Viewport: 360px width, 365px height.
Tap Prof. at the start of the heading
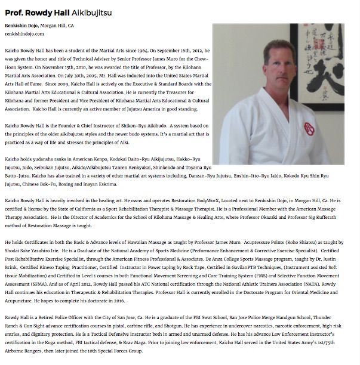coord(14,11)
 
